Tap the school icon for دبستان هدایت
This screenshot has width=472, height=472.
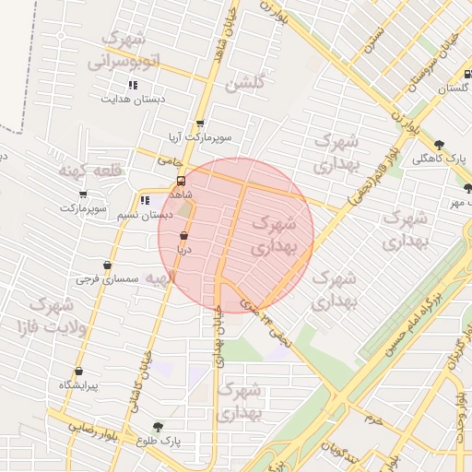tap(133, 86)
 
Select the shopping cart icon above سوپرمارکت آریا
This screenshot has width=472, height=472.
tap(199, 124)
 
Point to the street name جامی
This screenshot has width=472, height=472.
tap(167, 159)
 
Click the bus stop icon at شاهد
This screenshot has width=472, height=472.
tap(181, 181)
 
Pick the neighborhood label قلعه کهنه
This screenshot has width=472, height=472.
tap(89, 171)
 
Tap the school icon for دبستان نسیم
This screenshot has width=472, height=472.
tap(144, 200)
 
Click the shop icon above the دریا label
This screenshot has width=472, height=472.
tap(183, 235)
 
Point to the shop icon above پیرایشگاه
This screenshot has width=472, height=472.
tap(79, 372)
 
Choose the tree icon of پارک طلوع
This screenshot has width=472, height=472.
tap(158, 428)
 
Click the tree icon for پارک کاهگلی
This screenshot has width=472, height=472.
tap(439, 144)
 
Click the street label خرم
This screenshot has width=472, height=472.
tap(373, 419)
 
